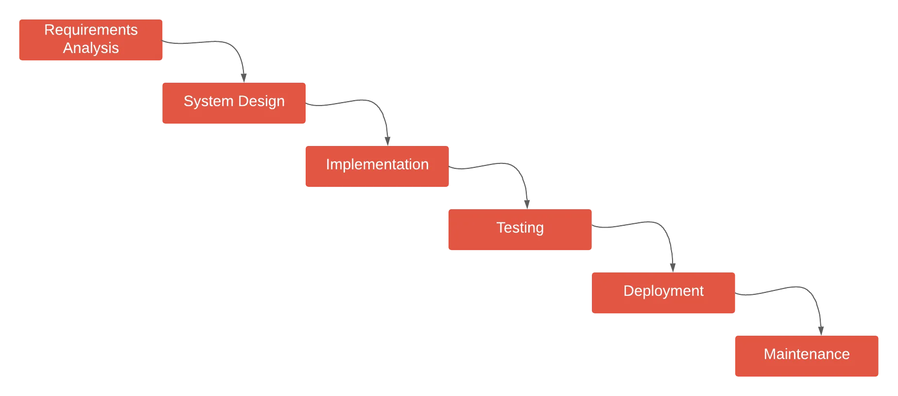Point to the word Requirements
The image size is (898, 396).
[x=91, y=30]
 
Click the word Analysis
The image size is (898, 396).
[x=91, y=48]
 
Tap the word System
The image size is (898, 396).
[x=208, y=101]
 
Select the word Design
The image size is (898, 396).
[x=261, y=101]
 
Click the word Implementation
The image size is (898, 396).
[x=377, y=164]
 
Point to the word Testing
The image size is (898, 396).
[x=520, y=228]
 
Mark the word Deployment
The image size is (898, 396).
[x=663, y=291]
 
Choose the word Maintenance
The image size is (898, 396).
[x=806, y=354]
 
